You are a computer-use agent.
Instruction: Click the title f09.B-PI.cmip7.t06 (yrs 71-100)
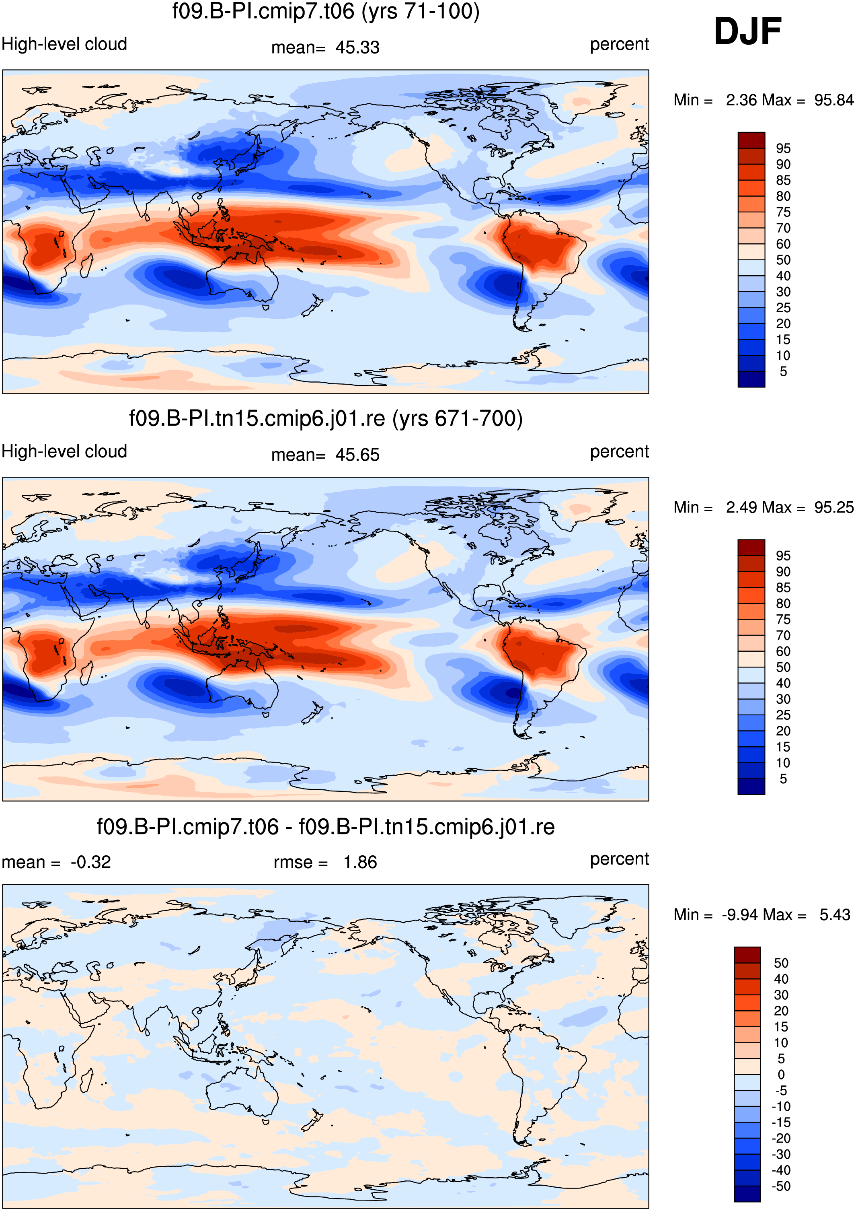(326, 11)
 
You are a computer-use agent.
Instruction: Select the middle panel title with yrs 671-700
(326, 418)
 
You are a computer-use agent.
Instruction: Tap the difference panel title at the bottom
(326, 826)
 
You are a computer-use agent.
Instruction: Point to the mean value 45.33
(357, 47)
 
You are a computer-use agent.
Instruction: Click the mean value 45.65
(357, 455)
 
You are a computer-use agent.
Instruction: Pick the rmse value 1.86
(361, 862)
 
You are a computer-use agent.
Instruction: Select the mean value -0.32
(90, 862)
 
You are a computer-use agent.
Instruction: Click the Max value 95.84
(833, 100)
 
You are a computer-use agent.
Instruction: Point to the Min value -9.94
(741, 914)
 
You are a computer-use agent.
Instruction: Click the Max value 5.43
(835, 914)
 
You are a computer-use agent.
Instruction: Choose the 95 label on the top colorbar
(783, 148)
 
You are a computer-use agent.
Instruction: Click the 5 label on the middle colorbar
(783, 778)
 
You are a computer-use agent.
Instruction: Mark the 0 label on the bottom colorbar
(781, 1074)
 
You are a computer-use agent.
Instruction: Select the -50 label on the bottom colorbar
(781, 1186)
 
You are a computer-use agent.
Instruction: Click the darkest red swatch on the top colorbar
(751, 140)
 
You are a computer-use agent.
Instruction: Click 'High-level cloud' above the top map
(64, 44)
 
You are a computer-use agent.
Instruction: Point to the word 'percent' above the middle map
(619, 452)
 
